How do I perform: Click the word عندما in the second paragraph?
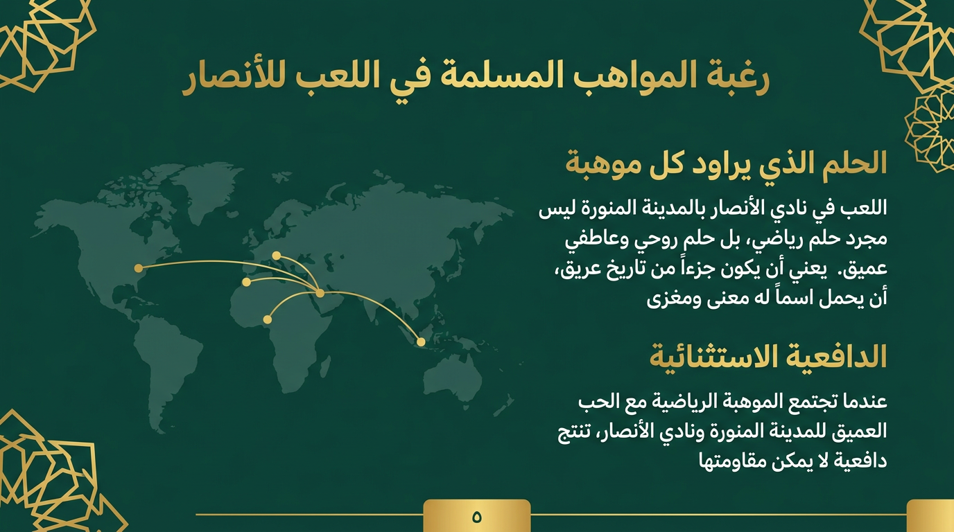tap(864, 401)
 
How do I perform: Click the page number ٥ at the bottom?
tap(476, 517)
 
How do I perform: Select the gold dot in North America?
tap(139, 268)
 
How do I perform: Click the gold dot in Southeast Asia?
tap(421, 342)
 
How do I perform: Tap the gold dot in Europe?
tap(277, 256)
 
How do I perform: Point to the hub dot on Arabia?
tap(320, 293)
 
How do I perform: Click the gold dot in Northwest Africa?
tap(246, 282)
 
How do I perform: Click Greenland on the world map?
tap(207, 187)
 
